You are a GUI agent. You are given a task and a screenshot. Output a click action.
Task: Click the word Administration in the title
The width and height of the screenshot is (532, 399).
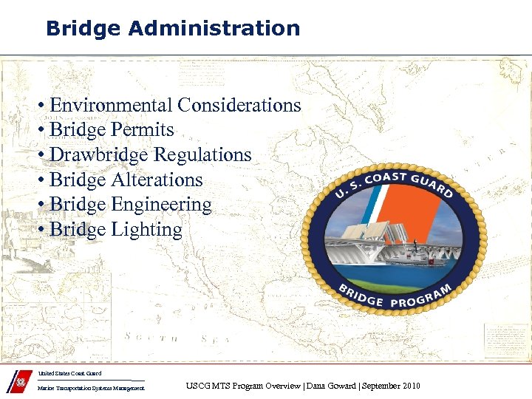[x=214, y=29]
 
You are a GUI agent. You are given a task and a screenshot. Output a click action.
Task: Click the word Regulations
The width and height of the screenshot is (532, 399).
[x=202, y=155]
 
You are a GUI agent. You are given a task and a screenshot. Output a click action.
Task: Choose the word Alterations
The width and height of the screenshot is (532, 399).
[x=157, y=180]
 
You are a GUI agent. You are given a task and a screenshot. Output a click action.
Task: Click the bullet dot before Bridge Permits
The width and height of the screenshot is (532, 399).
[x=44, y=131]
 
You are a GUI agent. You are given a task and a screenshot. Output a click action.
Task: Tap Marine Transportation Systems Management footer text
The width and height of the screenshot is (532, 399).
[x=92, y=389]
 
